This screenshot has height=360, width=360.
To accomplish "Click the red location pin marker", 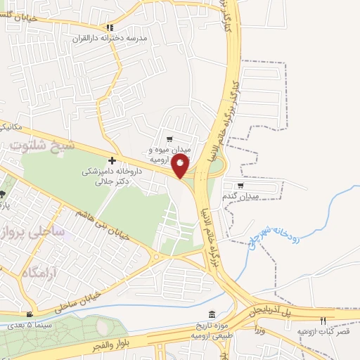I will pos(181,166).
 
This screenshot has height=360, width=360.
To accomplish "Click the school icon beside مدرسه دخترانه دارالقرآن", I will pos(110,27).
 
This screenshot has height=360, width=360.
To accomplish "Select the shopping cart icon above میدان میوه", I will pos(169,139).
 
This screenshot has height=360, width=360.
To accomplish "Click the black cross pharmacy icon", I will pos(112,161).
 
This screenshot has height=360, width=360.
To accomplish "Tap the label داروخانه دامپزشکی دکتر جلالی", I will pos(112,176).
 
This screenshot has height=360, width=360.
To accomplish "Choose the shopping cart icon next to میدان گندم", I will pos(240,186).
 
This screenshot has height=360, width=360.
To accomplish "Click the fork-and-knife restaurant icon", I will pos(323,321).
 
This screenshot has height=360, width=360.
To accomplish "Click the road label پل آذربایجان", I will pos(295,310).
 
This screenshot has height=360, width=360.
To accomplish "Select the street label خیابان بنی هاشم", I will pos(106,228).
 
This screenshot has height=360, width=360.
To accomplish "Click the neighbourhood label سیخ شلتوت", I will pos(37,146).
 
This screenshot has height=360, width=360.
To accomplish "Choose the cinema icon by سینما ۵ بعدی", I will pos(30,314).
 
